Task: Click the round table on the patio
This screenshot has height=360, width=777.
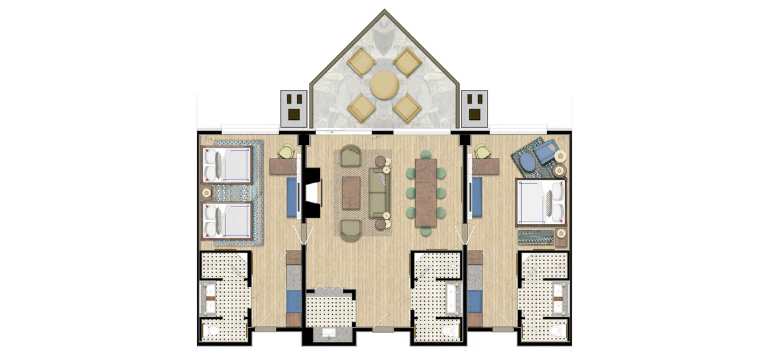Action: pos(385,85)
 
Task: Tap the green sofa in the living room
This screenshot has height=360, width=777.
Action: pos(379,193)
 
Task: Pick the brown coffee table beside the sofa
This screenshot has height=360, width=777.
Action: pos(351,192)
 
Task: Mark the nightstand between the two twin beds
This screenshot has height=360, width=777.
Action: pos(207,192)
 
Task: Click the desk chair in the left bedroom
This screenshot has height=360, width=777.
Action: pos(286,152)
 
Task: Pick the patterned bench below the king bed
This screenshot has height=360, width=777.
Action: pos(536,236)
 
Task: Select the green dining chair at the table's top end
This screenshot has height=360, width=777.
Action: pos(426,154)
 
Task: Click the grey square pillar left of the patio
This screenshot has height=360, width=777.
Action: pos(293,108)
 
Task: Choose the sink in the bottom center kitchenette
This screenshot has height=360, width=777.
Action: pos(330,333)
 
